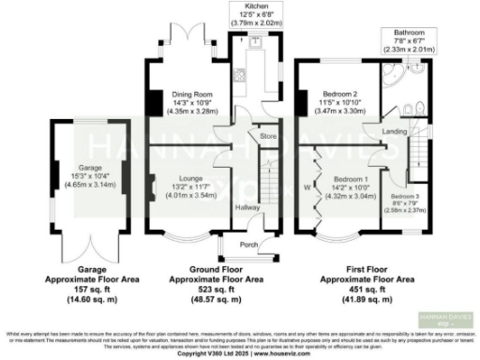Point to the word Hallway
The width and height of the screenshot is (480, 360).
click(247, 207)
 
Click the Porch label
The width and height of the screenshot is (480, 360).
click(249, 246)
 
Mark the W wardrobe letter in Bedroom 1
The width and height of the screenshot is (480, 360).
click(307, 187)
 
